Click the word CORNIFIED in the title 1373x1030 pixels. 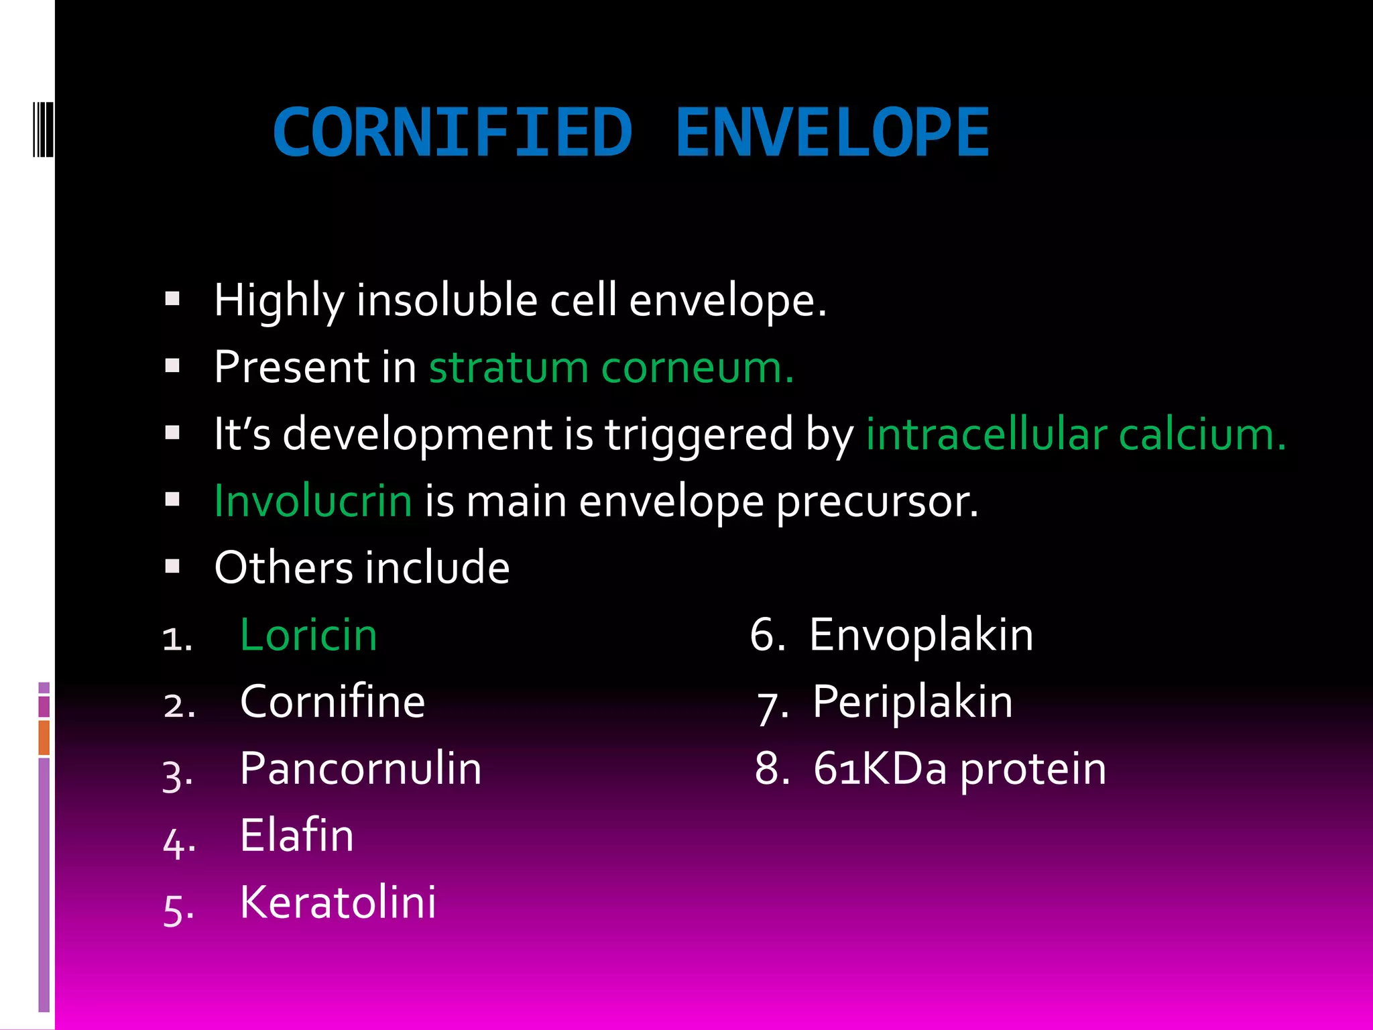pyautogui.click(x=453, y=133)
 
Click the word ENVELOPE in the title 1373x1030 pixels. pyautogui.click(x=832, y=133)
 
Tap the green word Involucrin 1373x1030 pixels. pyautogui.click(x=312, y=501)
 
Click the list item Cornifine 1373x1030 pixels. pyautogui.click(x=333, y=701)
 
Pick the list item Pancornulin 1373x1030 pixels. pyautogui.click(x=361, y=768)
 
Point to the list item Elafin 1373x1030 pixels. pyautogui.click(x=297, y=836)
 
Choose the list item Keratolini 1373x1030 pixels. pyautogui.click(x=338, y=902)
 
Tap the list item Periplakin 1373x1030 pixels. pyautogui.click(x=912, y=701)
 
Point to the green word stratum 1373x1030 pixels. pyautogui.click(x=508, y=368)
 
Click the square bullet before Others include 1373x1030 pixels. pyautogui.click(x=173, y=567)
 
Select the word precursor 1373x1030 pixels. pyautogui.click(x=877, y=502)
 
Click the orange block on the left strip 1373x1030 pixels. pyautogui.click(x=44, y=737)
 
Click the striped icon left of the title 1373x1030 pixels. pyautogui.click(x=43, y=129)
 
